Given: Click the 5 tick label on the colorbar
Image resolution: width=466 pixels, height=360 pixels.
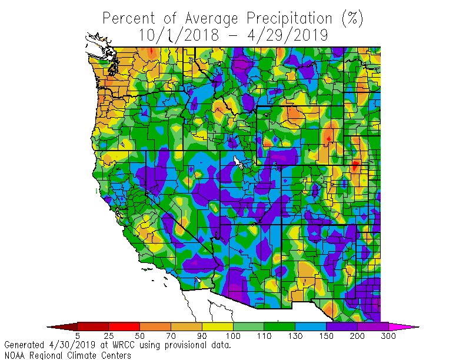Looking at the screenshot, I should coord(78,336).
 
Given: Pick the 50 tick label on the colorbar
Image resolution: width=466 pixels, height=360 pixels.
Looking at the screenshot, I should coord(139,336).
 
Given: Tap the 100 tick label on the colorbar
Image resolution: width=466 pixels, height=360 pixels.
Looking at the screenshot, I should coord(233,336).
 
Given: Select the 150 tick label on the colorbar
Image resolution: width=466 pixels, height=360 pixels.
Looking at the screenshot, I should coord(326,336).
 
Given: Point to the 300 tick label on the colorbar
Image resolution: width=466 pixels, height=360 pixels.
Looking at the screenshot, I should coord(388,336).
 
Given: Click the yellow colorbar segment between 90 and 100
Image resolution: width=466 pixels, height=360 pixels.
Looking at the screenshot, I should coord(217,326).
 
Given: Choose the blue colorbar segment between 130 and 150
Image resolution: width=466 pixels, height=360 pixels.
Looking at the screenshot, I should coord(311,326).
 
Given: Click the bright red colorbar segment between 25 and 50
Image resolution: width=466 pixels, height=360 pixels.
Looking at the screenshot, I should coord(124,326).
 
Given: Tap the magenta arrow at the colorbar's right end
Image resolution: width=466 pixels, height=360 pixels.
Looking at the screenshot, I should coord(403,326).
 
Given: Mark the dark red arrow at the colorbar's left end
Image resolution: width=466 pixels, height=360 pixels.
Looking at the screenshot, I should coord(62,326).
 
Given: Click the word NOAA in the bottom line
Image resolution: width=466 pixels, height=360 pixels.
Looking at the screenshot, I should coord(15,355).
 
